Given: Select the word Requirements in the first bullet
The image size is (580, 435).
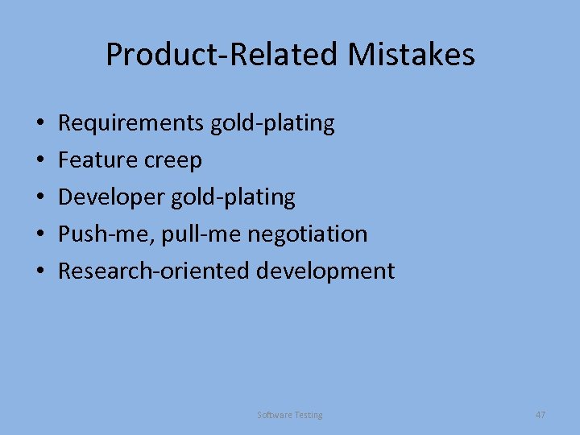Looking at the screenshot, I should coord(131,123).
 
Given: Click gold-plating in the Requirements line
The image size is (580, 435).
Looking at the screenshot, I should coord(272,123).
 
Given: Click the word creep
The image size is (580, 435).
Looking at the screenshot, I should coord(173,160).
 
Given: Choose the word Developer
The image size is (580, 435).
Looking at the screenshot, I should coord(110,197).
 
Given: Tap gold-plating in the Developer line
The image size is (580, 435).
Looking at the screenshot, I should coord(232,197).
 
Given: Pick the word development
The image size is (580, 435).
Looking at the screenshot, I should coord(325,271).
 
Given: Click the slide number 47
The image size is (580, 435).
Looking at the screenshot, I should coord(540,414).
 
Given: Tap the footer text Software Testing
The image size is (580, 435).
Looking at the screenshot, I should coord(290,415).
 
